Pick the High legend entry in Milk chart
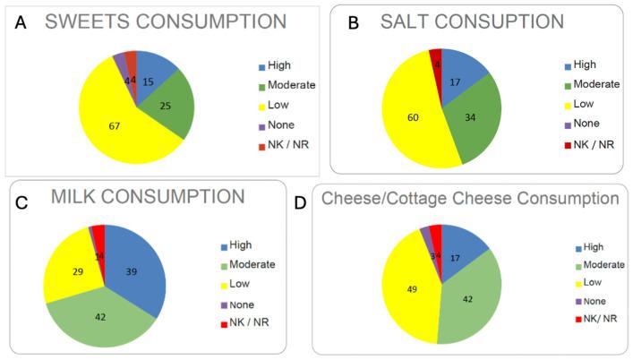coord(242,245)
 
